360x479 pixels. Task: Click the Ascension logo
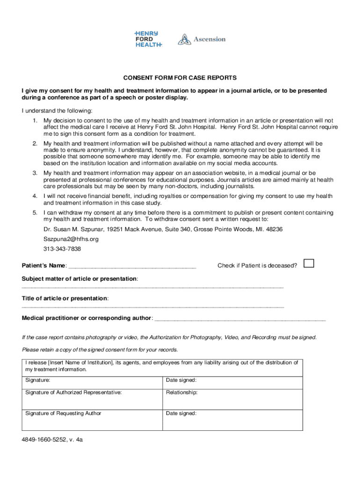tap(202, 39)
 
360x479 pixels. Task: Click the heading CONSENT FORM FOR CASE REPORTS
tap(180, 78)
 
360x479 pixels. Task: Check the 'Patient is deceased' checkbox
tap(309, 263)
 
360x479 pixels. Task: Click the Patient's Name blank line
tap(132, 266)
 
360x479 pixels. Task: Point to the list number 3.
tap(35, 173)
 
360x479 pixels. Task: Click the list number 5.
tap(35, 213)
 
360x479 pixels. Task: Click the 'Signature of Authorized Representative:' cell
tap(73, 392)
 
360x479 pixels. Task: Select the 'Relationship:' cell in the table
tap(182, 392)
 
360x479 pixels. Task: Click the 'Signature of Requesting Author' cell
tap(63, 413)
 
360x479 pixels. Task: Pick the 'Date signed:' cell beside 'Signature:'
tap(181, 380)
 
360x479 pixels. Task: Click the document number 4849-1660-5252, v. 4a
tap(52, 440)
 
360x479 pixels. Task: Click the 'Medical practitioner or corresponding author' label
tap(86, 318)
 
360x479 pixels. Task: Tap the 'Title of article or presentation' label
tap(65, 298)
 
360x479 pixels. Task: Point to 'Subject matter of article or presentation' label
tap(79, 278)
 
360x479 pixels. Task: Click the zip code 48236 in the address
tap(274, 229)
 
